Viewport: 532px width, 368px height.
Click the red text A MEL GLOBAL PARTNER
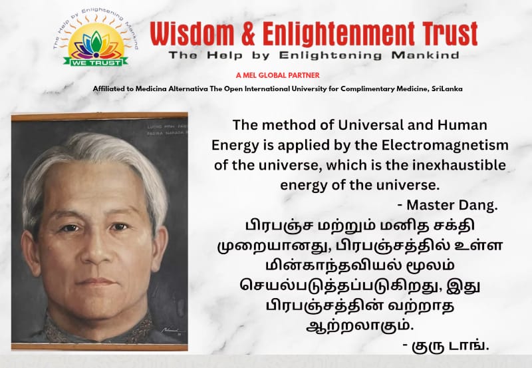pos(282,75)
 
